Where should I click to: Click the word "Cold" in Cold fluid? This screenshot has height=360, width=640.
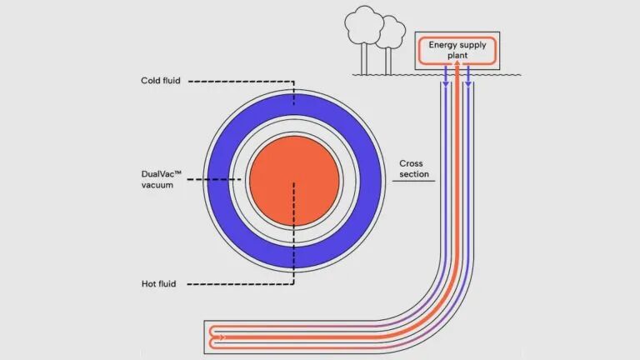(151, 81)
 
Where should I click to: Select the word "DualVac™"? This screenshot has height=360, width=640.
(162, 174)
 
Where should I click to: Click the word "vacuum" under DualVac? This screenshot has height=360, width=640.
(157, 185)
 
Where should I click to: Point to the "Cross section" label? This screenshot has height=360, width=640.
(414, 168)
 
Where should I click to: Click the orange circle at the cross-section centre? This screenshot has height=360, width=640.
(294, 181)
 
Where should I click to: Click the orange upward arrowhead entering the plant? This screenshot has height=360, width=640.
(457, 71)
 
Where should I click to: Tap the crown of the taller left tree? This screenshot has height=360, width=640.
(363, 23)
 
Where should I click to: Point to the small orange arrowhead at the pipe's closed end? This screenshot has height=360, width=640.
(221, 337)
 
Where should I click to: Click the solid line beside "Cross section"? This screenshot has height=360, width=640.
(413, 181)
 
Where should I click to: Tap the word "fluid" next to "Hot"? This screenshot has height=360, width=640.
(171, 284)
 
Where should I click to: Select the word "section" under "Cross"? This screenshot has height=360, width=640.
(414, 174)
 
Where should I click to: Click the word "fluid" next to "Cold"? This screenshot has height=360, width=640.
(172, 81)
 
